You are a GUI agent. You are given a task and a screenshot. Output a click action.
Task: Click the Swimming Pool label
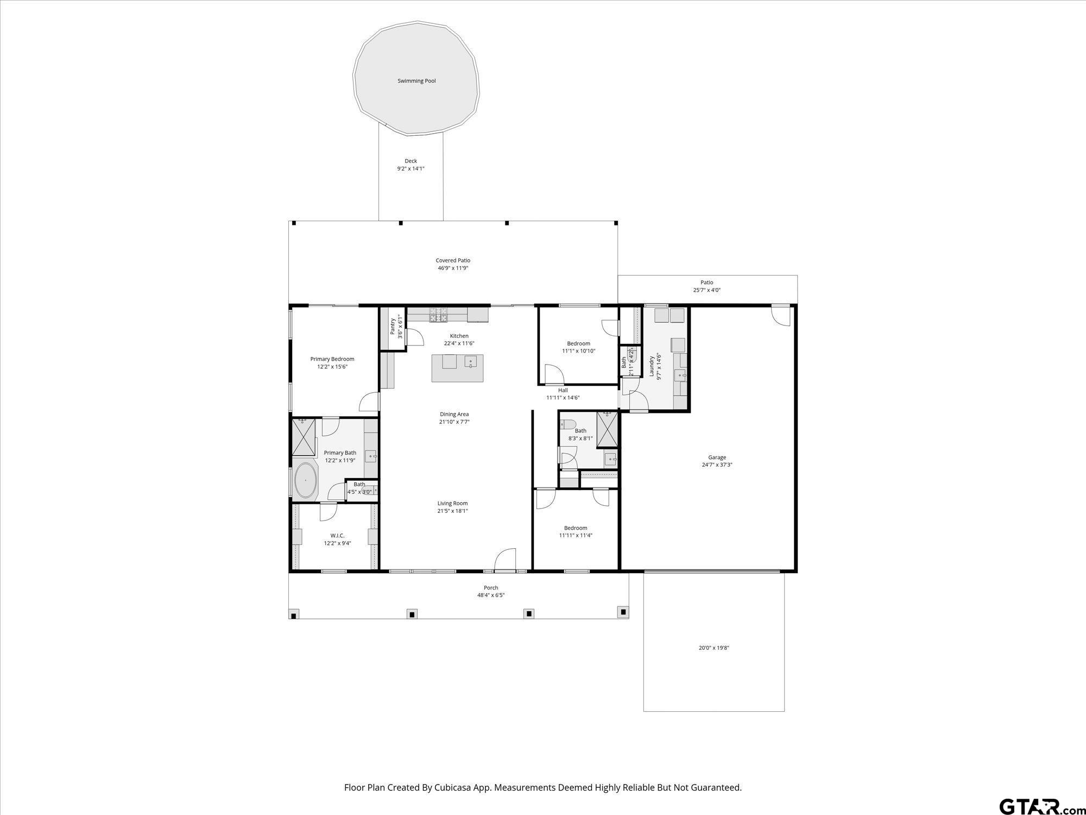(416, 81)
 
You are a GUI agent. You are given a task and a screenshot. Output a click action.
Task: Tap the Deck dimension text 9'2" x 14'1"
(411, 168)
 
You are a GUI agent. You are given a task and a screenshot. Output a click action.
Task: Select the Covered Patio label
(453, 260)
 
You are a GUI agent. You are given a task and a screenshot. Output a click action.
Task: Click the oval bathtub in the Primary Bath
(306, 480)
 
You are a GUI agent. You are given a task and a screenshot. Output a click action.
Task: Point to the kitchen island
(457, 368)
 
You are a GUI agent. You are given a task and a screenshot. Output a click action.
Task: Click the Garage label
(717, 457)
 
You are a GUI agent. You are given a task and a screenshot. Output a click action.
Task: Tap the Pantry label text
(393, 327)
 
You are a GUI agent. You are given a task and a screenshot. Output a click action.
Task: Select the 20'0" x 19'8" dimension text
(714, 648)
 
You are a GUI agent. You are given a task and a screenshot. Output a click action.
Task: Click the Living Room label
(452, 503)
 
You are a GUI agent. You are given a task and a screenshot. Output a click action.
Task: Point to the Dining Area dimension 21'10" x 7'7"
(454, 422)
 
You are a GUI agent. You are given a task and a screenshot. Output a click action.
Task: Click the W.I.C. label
(337, 536)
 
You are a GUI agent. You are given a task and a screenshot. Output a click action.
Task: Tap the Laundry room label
(651, 366)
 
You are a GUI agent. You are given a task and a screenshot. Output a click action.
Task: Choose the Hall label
(563, 390)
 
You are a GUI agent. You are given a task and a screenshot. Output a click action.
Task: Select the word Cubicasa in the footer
(453, 787)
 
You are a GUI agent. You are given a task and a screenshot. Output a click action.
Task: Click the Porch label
(491, 587)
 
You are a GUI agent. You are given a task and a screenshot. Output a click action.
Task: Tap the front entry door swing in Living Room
(505, 559)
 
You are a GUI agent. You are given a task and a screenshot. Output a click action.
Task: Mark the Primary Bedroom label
(332, 359)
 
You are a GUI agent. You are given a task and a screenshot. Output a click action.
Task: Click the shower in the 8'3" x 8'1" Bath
(607, 430)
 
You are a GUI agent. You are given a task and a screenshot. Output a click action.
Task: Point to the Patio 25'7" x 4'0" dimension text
(706, 290)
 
